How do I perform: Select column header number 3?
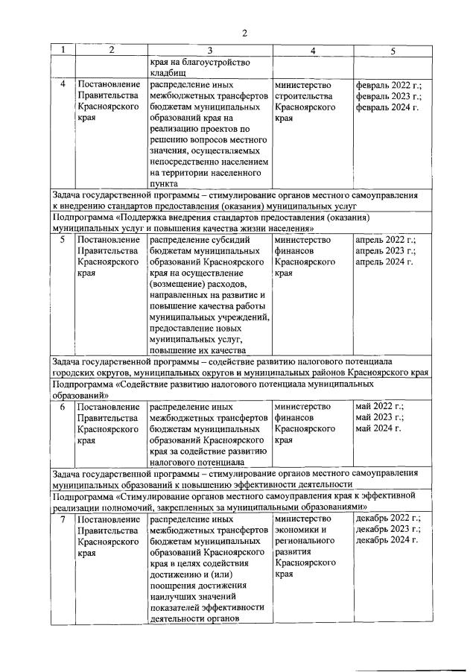[209, 50]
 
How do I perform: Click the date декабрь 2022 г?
[387, 519]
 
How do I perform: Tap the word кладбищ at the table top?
[171, 73]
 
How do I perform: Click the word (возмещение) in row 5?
[181, 285]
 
